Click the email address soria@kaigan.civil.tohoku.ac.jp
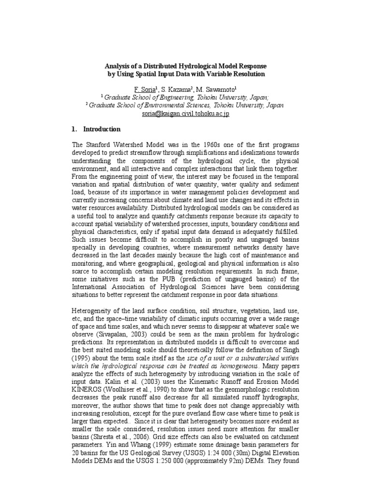[x=185, y=114]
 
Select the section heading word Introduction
[x=102, y=130]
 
